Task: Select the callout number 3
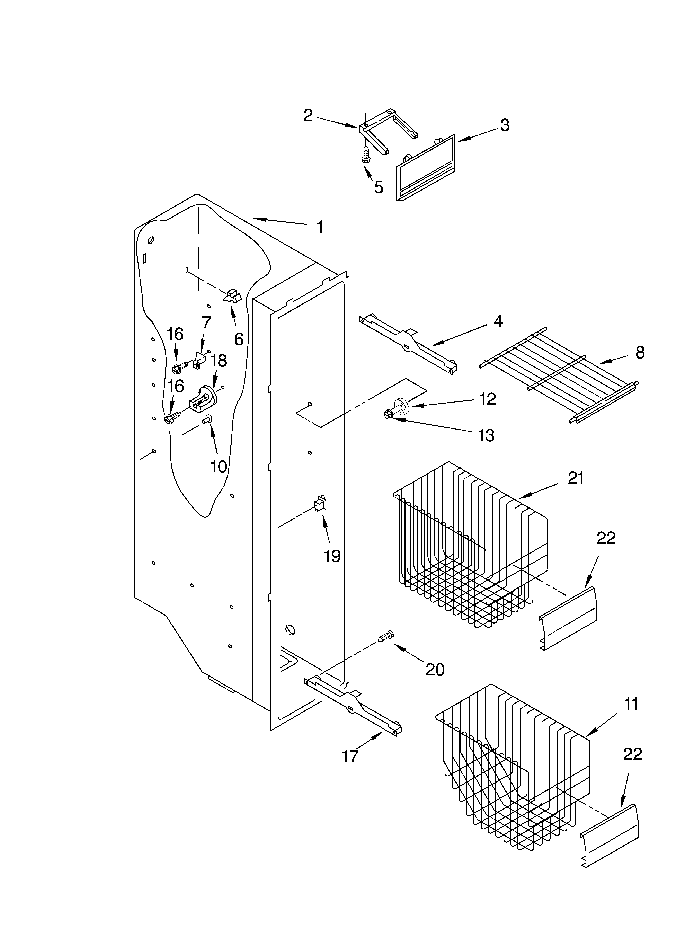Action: pyautogui.click(x=505, y=125)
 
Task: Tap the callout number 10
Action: pyautogui.click(x=218, y=466)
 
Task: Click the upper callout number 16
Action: pyautogui.click(x=175, y=334)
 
